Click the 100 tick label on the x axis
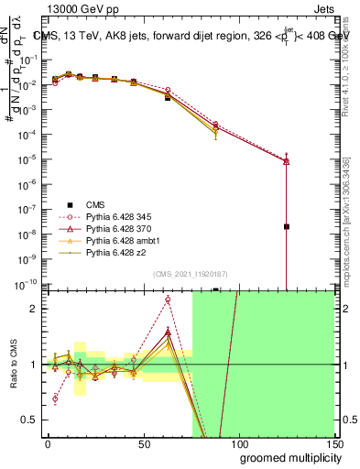237,442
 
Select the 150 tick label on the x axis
333,442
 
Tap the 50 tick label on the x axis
143,442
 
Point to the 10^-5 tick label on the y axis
28,160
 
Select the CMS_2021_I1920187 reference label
189,274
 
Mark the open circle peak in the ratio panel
168,300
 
